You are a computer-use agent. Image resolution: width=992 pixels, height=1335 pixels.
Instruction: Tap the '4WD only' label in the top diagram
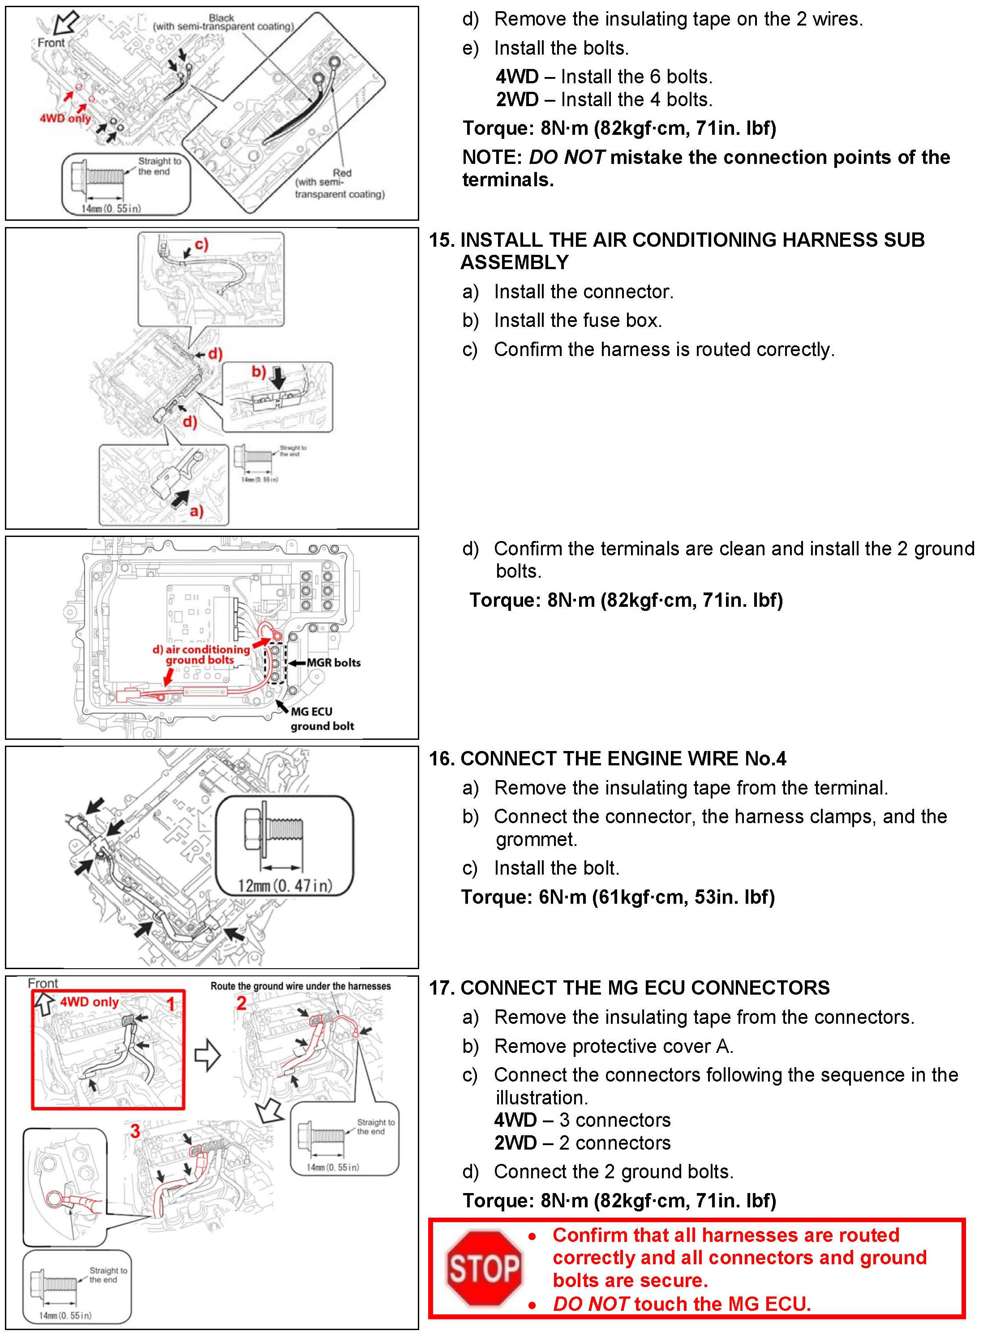pos(65,118)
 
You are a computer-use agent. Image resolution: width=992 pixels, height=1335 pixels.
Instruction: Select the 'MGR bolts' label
pos(333,663)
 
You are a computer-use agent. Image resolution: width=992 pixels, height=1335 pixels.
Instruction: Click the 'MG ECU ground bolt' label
pos(322,719)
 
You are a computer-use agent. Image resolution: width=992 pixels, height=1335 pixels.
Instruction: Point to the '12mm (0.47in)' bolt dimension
pos(285,886)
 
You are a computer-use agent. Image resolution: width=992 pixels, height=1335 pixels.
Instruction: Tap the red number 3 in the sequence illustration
pos(135,1131)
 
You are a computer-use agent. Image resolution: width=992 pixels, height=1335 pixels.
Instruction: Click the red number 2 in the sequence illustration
pos(241,1003)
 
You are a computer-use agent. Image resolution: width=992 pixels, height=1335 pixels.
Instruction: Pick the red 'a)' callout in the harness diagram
pos(196,511)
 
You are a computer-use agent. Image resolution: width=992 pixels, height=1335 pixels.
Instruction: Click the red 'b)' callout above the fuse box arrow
pos(258,372)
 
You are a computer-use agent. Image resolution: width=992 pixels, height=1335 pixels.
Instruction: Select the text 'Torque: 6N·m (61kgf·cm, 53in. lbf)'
pos(618,897)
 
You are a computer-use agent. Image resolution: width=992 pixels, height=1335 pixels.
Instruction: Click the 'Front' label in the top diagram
pos(51,43)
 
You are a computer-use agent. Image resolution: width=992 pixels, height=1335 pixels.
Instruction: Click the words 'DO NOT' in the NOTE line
pos(566,157)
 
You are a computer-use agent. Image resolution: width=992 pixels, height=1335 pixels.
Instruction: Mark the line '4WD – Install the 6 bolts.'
pos(604,77)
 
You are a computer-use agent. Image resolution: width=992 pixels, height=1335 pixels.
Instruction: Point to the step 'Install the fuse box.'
pos(578,321)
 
